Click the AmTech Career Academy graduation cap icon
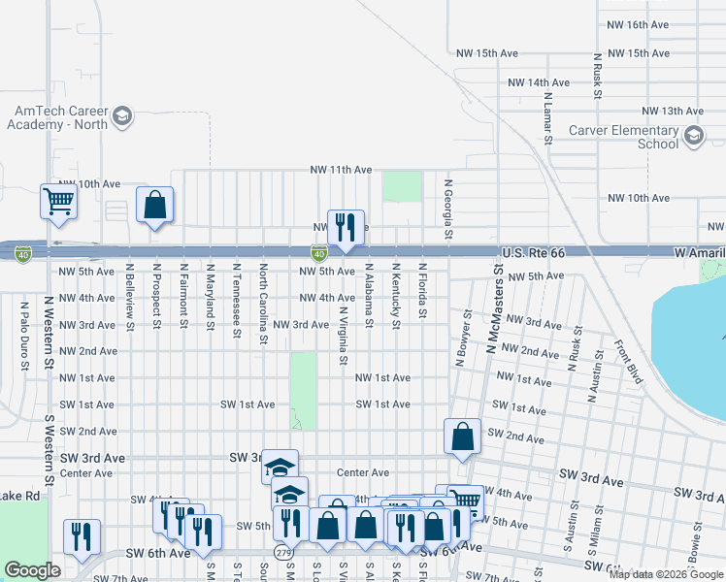121,117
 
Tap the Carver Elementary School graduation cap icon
693,137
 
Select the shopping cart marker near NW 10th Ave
58,201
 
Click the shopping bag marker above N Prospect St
154,205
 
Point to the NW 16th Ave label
637,24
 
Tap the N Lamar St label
547,113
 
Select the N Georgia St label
448,209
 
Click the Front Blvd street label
629,362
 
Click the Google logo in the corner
32,570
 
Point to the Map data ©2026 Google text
666,573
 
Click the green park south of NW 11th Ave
402,186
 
